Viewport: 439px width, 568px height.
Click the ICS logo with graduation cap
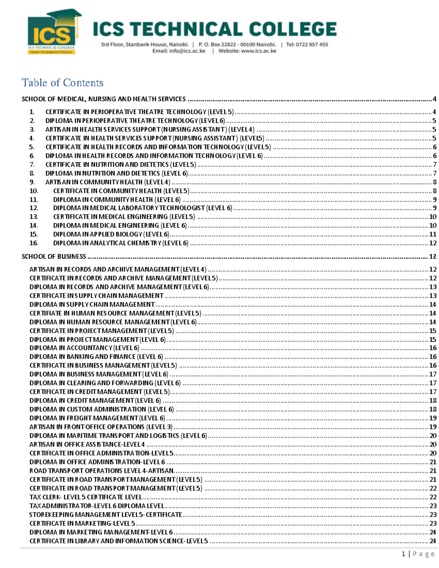(x=53, y=32)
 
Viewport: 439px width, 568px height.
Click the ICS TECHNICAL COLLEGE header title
(x=215, y=29)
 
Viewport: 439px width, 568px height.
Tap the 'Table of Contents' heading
(x=63, y=83)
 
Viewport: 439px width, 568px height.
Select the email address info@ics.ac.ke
(x=187, y=51)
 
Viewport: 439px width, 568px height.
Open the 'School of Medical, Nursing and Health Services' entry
(x=104, y=99)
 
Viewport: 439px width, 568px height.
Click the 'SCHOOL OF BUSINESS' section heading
(x=54, y=256)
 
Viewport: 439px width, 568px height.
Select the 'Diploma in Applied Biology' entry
(x=111, y=234)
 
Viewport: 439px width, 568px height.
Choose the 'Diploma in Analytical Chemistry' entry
(x=120, y=243)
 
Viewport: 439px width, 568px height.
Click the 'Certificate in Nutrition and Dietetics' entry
(x=121, y=165)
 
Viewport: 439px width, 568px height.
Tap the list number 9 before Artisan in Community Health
(x=32, y=182)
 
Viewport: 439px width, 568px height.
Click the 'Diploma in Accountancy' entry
(x=84, y=348)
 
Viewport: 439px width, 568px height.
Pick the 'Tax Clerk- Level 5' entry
(x=86, y=497)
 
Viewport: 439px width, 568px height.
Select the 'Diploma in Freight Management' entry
(x=97, y=418)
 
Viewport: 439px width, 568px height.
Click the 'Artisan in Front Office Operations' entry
(x=101, y=427)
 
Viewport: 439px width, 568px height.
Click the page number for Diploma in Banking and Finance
(x=433, y=357)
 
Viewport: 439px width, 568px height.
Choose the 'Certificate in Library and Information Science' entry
(x=119, y=541)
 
